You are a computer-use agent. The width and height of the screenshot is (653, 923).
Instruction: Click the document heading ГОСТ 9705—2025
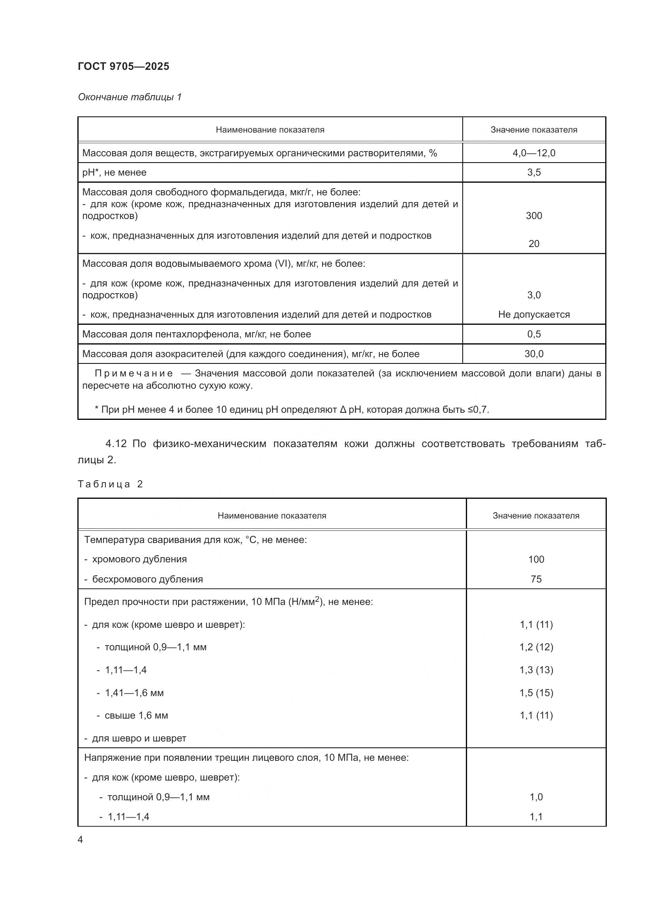[124, 66]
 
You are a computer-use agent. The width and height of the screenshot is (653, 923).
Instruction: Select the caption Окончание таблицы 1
[129, 97]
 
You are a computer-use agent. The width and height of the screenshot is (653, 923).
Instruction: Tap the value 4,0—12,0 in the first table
[534, 153]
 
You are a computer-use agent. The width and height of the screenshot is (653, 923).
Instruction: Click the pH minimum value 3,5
[534, 172]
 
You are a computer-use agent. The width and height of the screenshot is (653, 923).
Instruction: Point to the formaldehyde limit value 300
[534, 216]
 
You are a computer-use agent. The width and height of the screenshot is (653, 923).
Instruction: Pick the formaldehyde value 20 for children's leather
[534, 243]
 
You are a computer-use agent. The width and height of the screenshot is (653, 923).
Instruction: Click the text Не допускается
[534, 315]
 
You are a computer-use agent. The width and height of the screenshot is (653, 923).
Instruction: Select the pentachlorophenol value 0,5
[534, 334]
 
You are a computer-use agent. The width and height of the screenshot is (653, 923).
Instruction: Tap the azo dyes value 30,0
[534, 354]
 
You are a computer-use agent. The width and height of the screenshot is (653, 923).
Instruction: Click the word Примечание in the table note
[134, 373]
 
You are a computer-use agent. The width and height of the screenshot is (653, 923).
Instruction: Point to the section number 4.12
[116, 444]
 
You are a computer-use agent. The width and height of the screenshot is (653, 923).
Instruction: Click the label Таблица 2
[110, 484]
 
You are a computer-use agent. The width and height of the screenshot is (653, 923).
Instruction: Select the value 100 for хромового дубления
[536, 559]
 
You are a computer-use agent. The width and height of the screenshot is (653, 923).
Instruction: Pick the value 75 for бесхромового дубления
[536, 579]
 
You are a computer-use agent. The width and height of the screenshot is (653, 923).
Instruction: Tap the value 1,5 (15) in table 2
[536, 693]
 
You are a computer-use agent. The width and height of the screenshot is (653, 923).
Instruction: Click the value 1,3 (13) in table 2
[536, 670]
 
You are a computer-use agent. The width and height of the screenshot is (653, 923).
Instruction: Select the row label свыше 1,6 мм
[136, 715]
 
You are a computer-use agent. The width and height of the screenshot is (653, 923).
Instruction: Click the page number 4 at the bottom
[80, 839]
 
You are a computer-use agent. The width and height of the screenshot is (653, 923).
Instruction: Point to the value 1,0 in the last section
[536, 797]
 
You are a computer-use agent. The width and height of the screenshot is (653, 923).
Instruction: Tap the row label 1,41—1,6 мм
[134, 693]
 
